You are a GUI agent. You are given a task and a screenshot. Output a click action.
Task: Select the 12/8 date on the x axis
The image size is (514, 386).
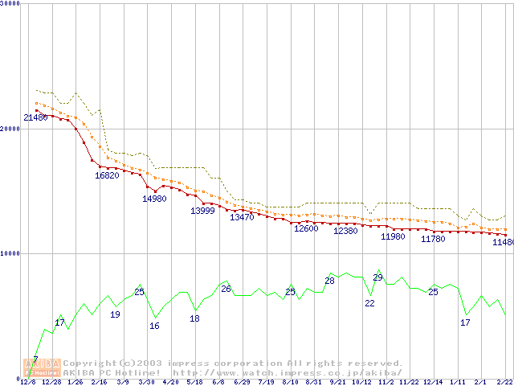pos(28,381)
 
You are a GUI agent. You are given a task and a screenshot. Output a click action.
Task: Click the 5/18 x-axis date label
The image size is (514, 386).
pos(194,381)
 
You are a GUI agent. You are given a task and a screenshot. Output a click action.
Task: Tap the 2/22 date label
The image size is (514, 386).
pos(504,381)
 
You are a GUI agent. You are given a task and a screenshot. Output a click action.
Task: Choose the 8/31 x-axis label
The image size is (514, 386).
pos(313,381)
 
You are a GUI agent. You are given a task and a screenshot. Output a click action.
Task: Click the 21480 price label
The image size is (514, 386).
pos(35,118)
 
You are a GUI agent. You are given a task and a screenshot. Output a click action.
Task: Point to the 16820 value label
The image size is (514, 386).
pos(107,175)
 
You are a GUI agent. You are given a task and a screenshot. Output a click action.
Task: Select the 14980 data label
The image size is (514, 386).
pos(154,199)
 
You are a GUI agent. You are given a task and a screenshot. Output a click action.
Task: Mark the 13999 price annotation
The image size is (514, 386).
pos(202,211)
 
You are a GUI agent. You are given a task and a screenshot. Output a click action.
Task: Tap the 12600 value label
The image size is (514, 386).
pos(306,228)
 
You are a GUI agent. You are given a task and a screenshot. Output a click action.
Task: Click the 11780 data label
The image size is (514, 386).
pos(433,239)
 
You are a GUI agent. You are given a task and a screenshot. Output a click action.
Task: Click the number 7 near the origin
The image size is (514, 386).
pos(35,359)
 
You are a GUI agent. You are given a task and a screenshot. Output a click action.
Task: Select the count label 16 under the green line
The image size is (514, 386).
pos(154,326)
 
